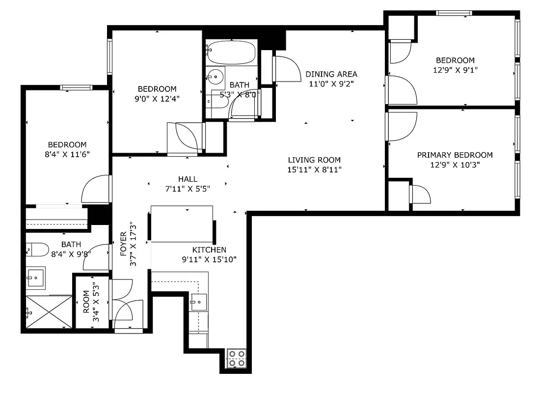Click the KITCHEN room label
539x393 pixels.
coord(209,250)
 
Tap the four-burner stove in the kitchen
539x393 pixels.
coord(236,358)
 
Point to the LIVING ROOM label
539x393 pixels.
coord(314,160)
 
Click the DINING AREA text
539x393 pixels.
coord(331,74)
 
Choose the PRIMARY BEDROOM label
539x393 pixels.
coord(455,155)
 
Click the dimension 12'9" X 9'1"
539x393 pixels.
coord(455,70)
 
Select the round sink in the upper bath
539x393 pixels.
coord(214,76)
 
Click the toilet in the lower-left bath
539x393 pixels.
coord(37,250)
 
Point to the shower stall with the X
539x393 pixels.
coord(48,311)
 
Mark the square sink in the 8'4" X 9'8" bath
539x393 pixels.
coord(35,278)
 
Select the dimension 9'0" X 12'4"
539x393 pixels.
coord(157,98)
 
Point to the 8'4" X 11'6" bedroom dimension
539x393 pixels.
coord(67,154)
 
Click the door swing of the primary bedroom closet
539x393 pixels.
coord(421,195)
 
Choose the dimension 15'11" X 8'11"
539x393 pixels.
coord(314,169)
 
